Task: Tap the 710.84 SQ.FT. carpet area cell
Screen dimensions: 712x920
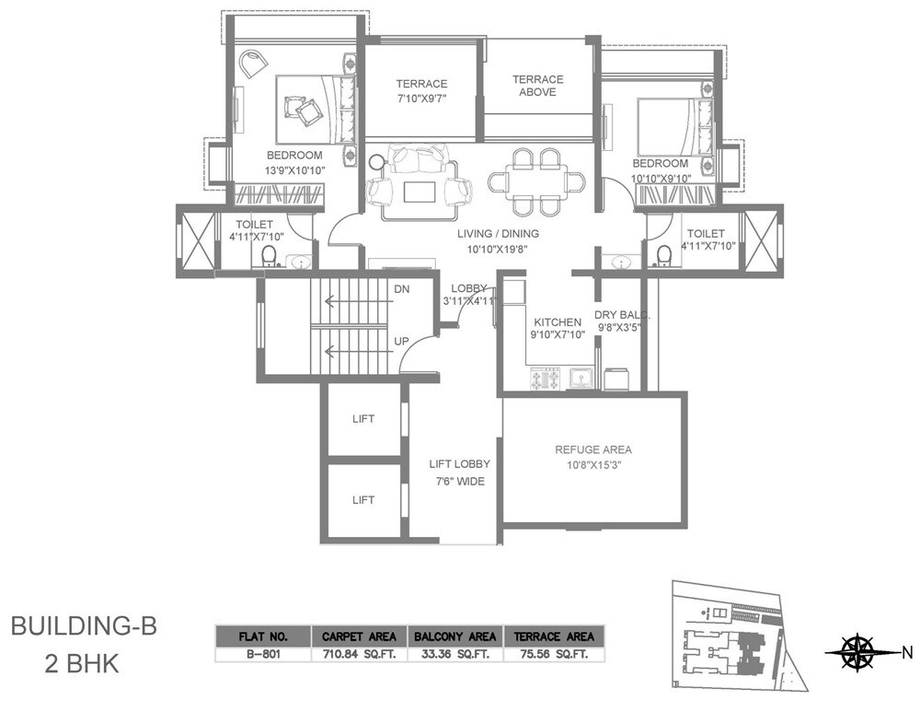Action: (x=359, y=656)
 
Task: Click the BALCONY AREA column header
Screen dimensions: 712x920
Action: (x=455, y=636)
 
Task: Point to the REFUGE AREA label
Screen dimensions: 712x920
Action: (x=593, y=449)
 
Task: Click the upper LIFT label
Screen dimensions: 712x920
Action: (x=363, y=418)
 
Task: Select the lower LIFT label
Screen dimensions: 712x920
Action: (x=363, y=500)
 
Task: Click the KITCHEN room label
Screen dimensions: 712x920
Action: (x=558, y=322)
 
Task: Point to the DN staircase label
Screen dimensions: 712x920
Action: (x=401, y=289)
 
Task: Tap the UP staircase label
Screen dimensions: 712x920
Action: (x=401, y=341)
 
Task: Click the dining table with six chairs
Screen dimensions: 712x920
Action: (x=537, y=181)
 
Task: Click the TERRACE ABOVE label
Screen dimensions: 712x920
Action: (x=537, y=86)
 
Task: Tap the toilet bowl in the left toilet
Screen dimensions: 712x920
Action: (x=270, y=254)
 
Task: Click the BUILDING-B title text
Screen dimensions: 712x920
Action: (x=84, y=628)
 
